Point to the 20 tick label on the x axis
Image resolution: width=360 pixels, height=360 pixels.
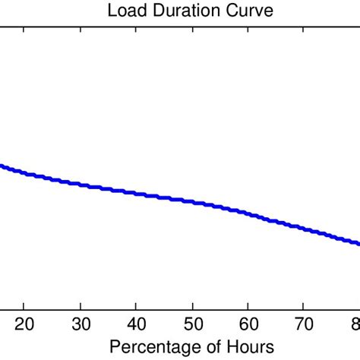click(24, 324)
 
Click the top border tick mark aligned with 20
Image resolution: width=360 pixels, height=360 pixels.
click(24, 30)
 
